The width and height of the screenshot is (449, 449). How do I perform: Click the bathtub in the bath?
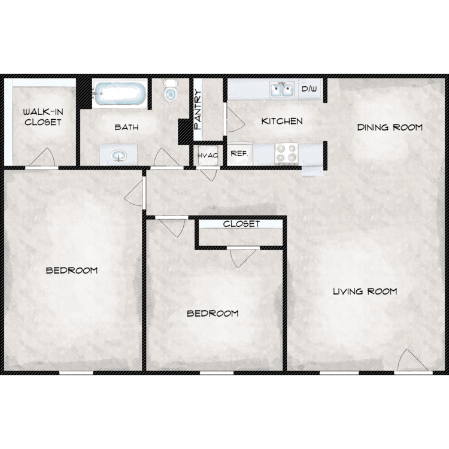click(x=120, y=93)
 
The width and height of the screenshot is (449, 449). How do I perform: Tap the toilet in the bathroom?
click(x=171, y=90)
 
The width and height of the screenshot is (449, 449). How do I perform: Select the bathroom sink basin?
click(x=119, y=156)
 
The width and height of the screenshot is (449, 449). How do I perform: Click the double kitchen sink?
click(x=281, y=89)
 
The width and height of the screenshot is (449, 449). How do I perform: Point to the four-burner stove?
click(x=286, y=153)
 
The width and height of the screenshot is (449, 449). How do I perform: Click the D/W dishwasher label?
click(x=310, y=89)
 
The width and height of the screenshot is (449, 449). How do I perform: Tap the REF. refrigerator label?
click(x=239, y=153)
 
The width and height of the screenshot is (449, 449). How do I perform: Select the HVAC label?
click(x=208, y=156)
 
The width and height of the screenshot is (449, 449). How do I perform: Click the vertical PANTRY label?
click(x=198, y=110)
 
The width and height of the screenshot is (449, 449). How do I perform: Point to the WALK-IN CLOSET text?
click(x=43, y=117)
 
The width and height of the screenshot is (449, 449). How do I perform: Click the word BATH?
click(x=126, y=127)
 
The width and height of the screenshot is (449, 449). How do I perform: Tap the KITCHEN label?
click(x=282, y=121)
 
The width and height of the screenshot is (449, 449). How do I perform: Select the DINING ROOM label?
click(x=390, y=127)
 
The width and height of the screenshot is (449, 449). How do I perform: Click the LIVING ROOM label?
click(x=365, y=292)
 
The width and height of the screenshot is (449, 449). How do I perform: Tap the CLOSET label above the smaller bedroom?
click(x=241, y=224)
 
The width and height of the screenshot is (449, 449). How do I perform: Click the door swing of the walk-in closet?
click(x=43, y=157)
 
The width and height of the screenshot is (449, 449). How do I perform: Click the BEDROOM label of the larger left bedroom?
click(x=72, y=271)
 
